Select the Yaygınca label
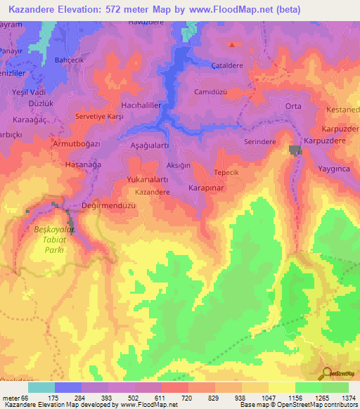tap(337, 169)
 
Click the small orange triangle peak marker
tap(232, 45)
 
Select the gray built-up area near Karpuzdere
tap(295, 150)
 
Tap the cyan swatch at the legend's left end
tap(41, 387)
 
